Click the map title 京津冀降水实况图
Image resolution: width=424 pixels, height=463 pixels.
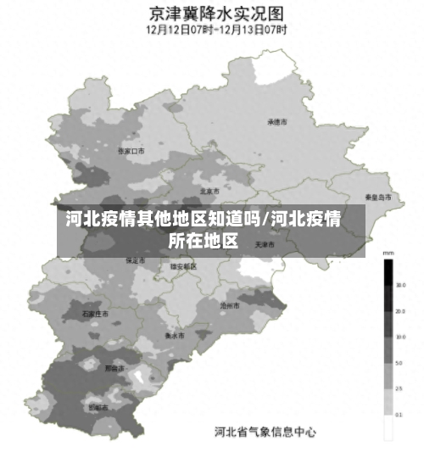(x=216, y=14)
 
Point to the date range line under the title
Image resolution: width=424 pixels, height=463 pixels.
(x=216, y=29)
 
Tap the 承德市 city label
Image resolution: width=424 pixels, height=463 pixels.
(x=277, y=122)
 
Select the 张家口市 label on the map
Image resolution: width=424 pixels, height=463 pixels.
(x=131, y=150)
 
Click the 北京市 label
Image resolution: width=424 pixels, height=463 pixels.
(x=209, y=191)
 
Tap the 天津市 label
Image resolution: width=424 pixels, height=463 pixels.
(x=265, y=244)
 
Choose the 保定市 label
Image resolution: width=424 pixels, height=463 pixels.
(x=136, y=260)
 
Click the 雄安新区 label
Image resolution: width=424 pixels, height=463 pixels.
(x=183, y=265)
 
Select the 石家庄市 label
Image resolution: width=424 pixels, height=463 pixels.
(x=96, y=313)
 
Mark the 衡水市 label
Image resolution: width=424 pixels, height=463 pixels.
(x=176, y=335)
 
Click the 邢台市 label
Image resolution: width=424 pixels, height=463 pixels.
(x=114, y=369)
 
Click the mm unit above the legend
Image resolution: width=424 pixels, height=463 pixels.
(x=388, y=254)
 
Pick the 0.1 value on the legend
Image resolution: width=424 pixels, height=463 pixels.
(x=399, y=415)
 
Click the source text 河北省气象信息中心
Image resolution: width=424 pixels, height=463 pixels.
(x=265, y=432)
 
